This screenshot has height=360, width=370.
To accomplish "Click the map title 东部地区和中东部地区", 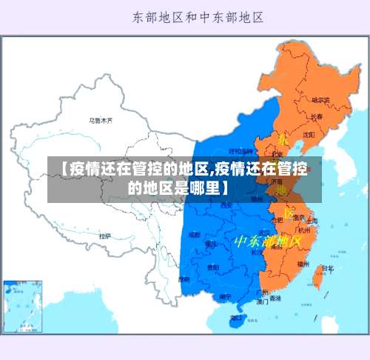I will [x=198, y=16].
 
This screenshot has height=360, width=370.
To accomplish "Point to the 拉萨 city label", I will [x=106, y=236].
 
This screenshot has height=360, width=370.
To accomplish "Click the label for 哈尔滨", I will [x=320, y=99].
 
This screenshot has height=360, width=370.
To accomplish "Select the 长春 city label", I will [x=317, y=116].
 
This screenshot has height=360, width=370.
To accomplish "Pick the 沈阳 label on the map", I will [x=308, y=134].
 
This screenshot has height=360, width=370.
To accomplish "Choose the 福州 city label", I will [x=303, y=263].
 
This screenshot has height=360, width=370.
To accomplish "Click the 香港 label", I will [x=275, y=299].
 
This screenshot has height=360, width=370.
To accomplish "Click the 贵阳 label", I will [x=213, y=267].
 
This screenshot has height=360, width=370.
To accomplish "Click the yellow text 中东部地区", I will [x=268, y=241].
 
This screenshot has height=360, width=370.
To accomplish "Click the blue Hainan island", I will [x=236, y=321].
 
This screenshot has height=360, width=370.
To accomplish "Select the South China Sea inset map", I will [x=22, y=305].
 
